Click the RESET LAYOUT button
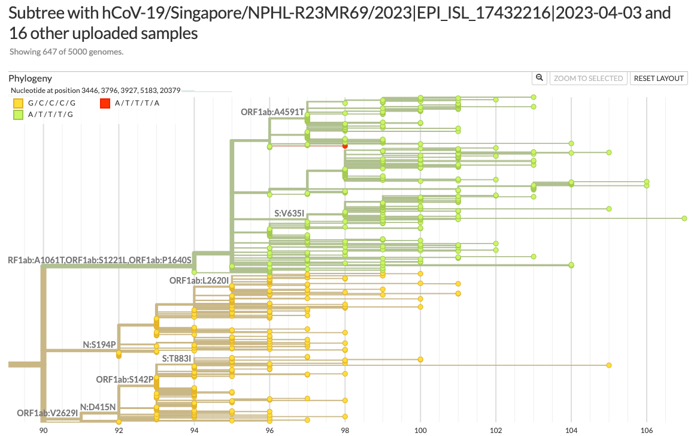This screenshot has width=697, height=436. (x=659, y=79)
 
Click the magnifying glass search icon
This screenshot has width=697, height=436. (x=539, y=78)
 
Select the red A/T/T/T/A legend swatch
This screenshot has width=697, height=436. (x=105, y=104)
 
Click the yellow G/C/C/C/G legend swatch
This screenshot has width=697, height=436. (x=19, y=104)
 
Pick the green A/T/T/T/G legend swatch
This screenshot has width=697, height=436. (x=19, y=115)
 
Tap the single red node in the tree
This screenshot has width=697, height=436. (x=345, y=146)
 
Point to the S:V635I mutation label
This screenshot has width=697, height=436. (x=289, y=214)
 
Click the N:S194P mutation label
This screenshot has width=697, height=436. (x=99, y=345)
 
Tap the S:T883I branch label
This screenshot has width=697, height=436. (x=177, y=359)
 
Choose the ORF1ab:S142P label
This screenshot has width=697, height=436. (x=125, y=380)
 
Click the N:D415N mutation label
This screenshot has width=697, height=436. (x=98, y=407)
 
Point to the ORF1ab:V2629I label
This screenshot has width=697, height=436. (x=47, y=413)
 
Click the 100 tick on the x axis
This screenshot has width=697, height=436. (x=420, y=430)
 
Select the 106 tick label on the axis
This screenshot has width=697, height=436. (x=646, y=430)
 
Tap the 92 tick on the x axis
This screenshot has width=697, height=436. (x=119, y=430)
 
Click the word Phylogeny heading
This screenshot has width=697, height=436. (x=30, y=79)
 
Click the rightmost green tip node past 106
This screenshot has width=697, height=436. (x=684, y=218)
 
